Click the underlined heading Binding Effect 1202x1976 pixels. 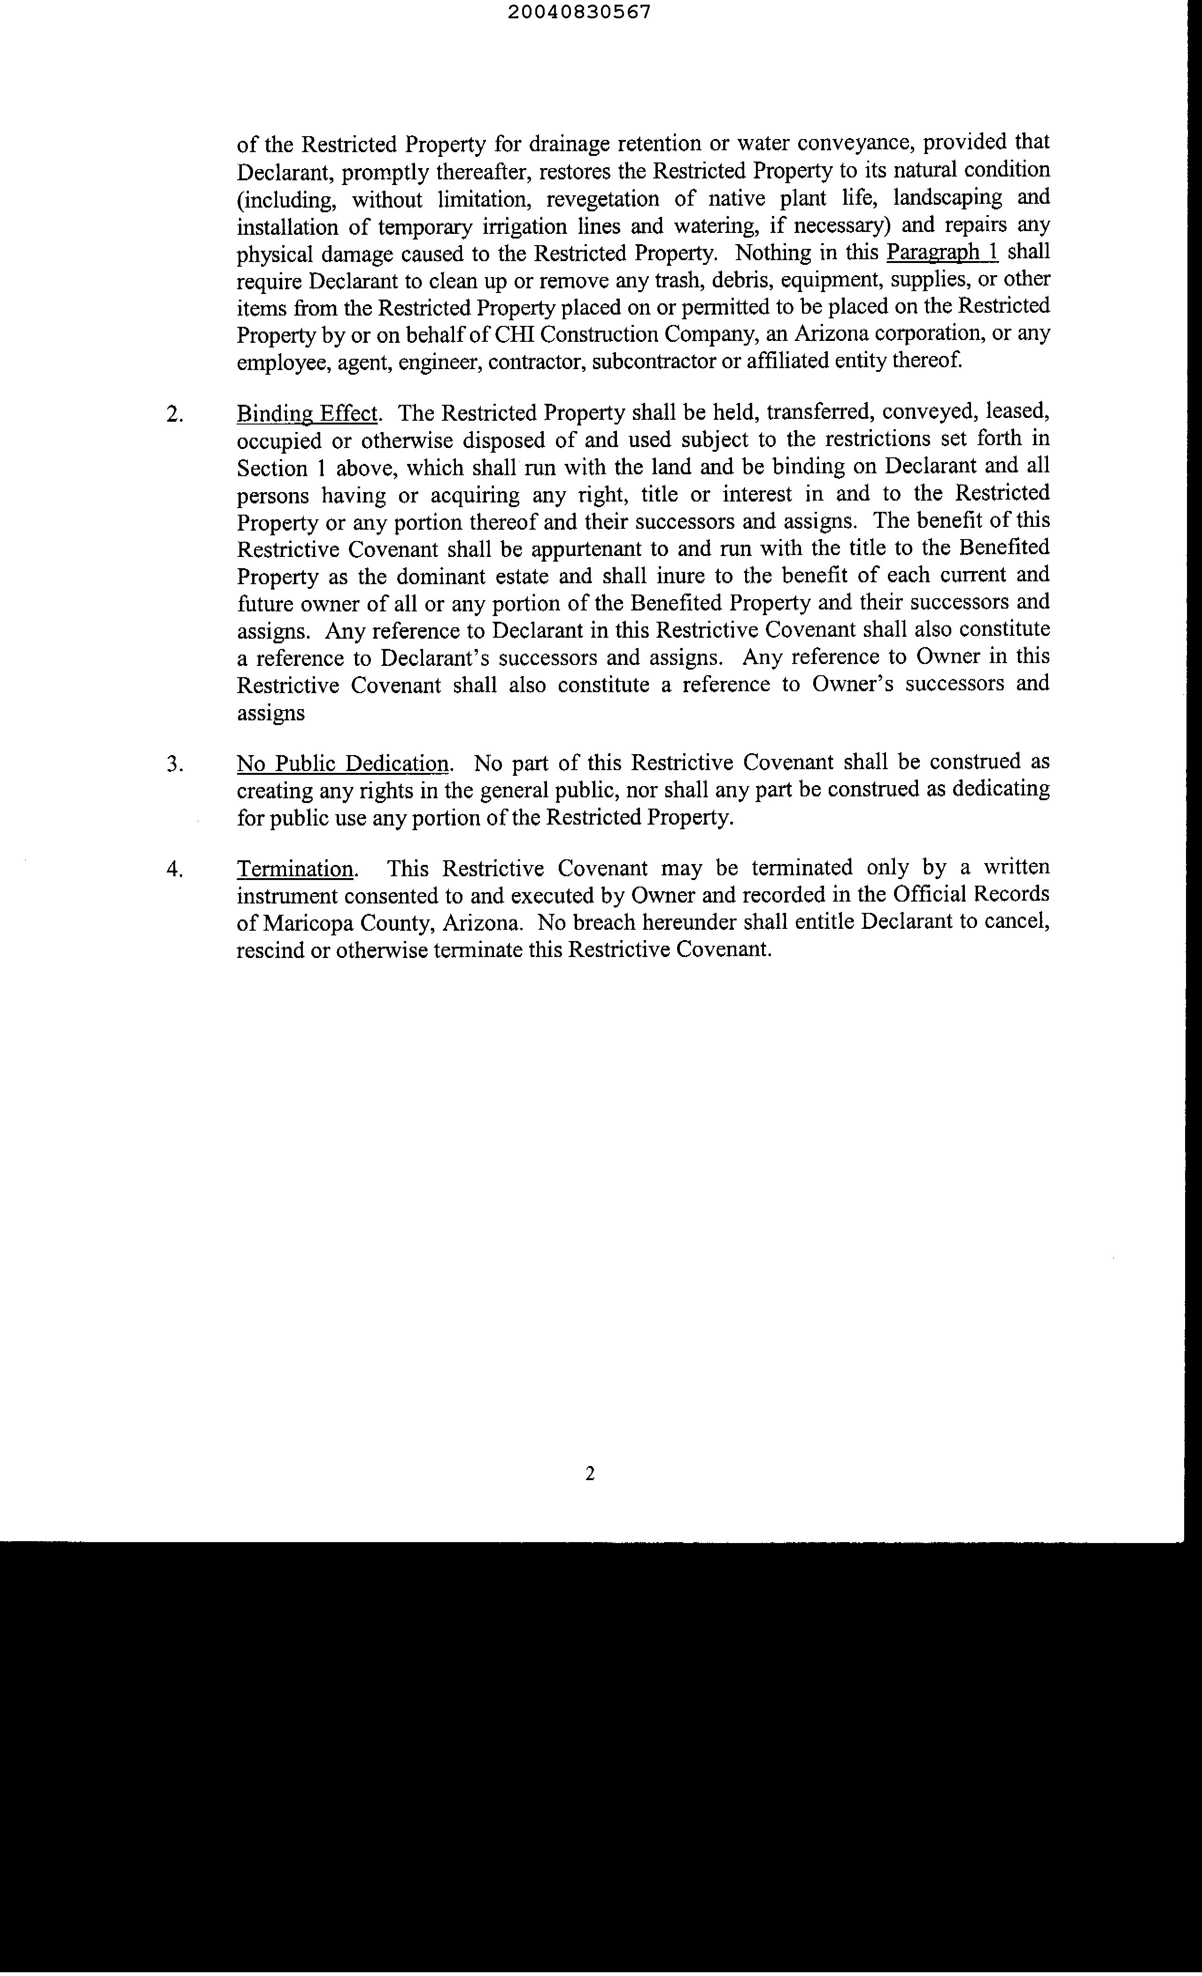pyautogui.click(x=306, y=414)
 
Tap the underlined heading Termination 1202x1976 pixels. pyautogui.click(x=295, y=869)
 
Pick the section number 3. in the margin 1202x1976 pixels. pyautogui.click(x=175, y=764)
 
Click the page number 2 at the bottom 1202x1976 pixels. pyautogui.click(x=590, y=1473)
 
